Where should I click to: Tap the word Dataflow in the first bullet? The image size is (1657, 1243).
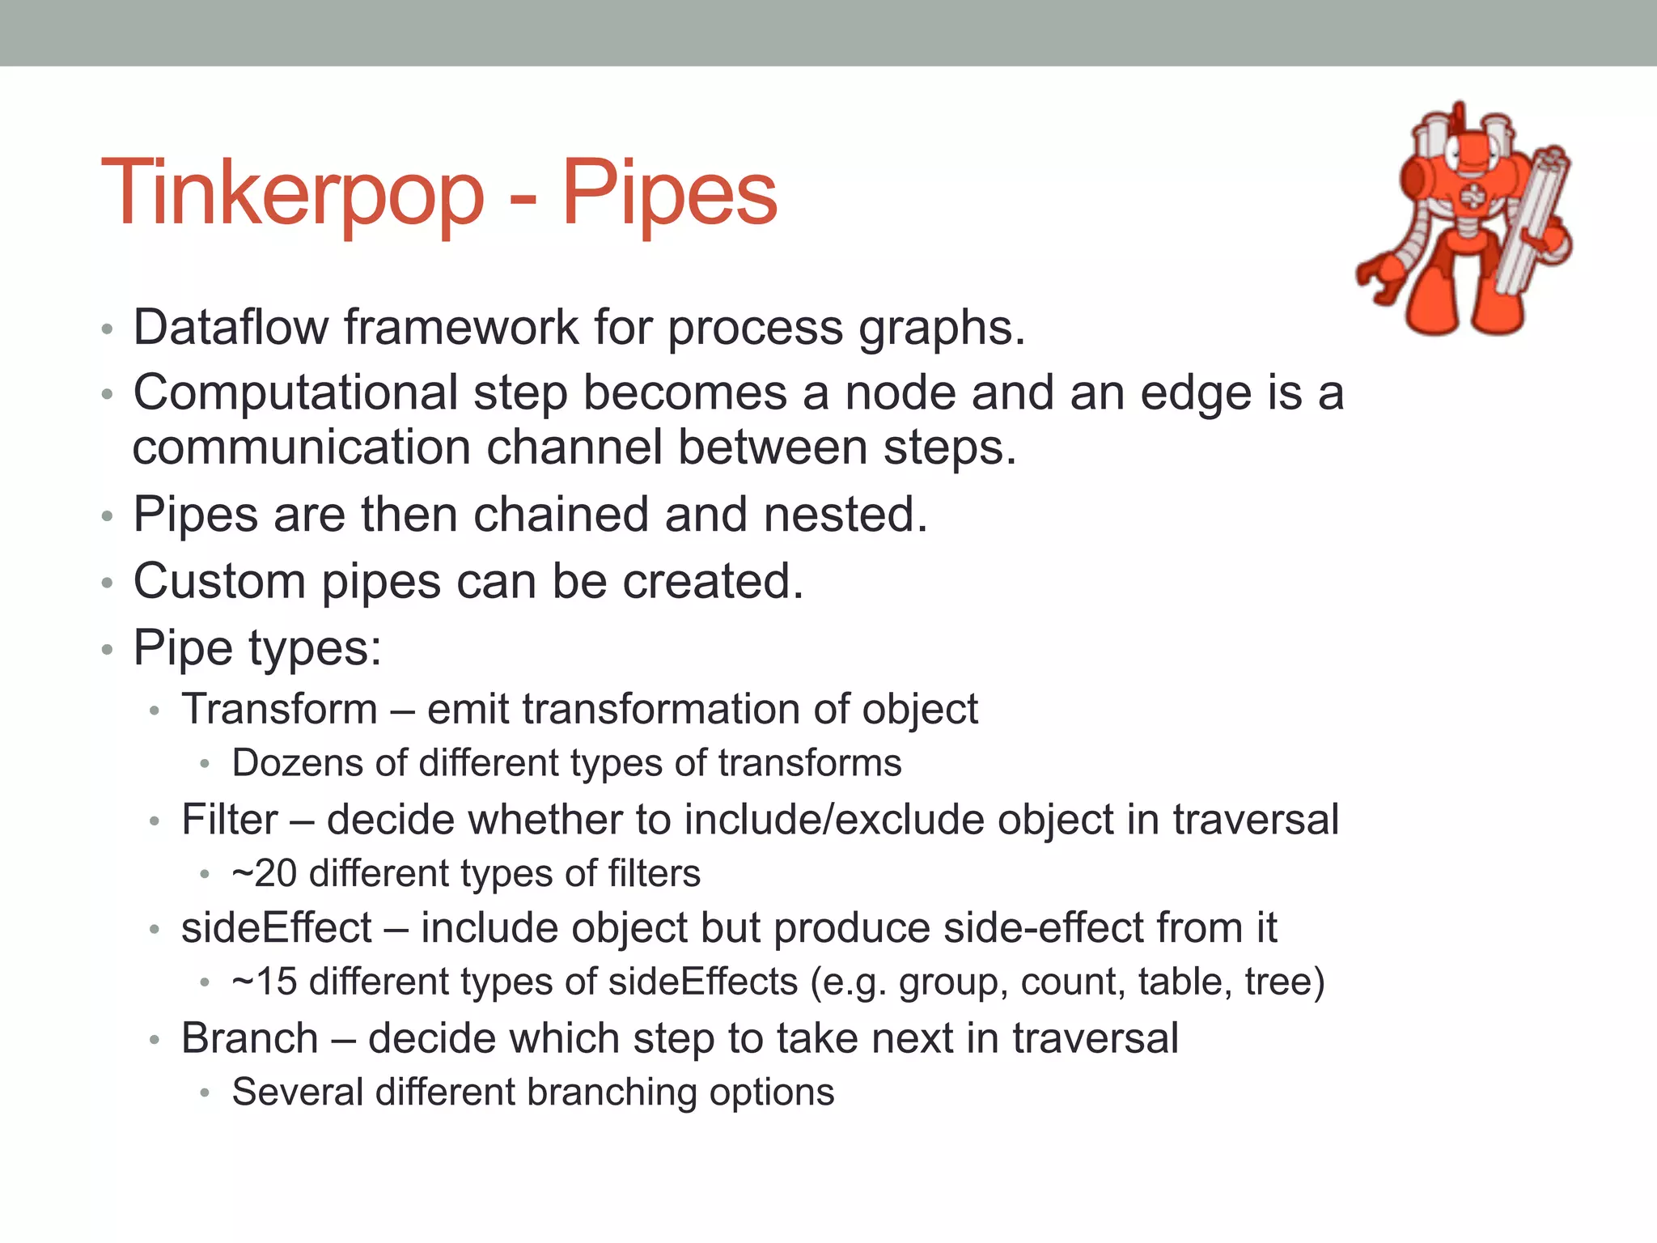point(231,327)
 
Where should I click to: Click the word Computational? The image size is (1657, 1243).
point(296,393)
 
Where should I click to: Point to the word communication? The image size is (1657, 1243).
point(302,448)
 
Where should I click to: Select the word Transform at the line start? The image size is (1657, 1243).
point(279,709)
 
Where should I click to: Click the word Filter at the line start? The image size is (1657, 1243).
point(229,819)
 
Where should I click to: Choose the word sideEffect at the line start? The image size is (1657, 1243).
point(276,927)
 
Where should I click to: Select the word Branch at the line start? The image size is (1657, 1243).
point(249,1038)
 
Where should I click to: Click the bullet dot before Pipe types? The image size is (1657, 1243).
point(107,649)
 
